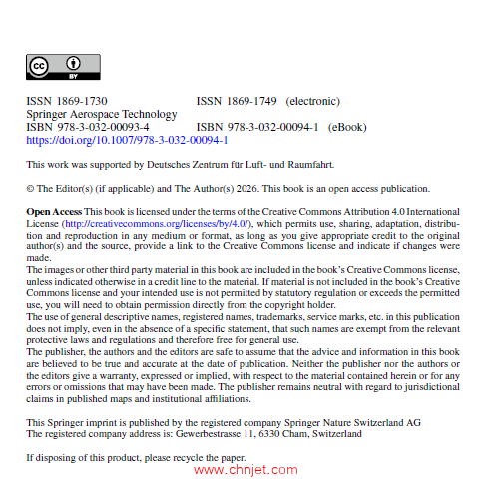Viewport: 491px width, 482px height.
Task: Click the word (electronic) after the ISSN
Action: click(x=313, y=101)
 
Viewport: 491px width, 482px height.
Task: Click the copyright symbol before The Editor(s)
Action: click(x=31, y=188)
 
